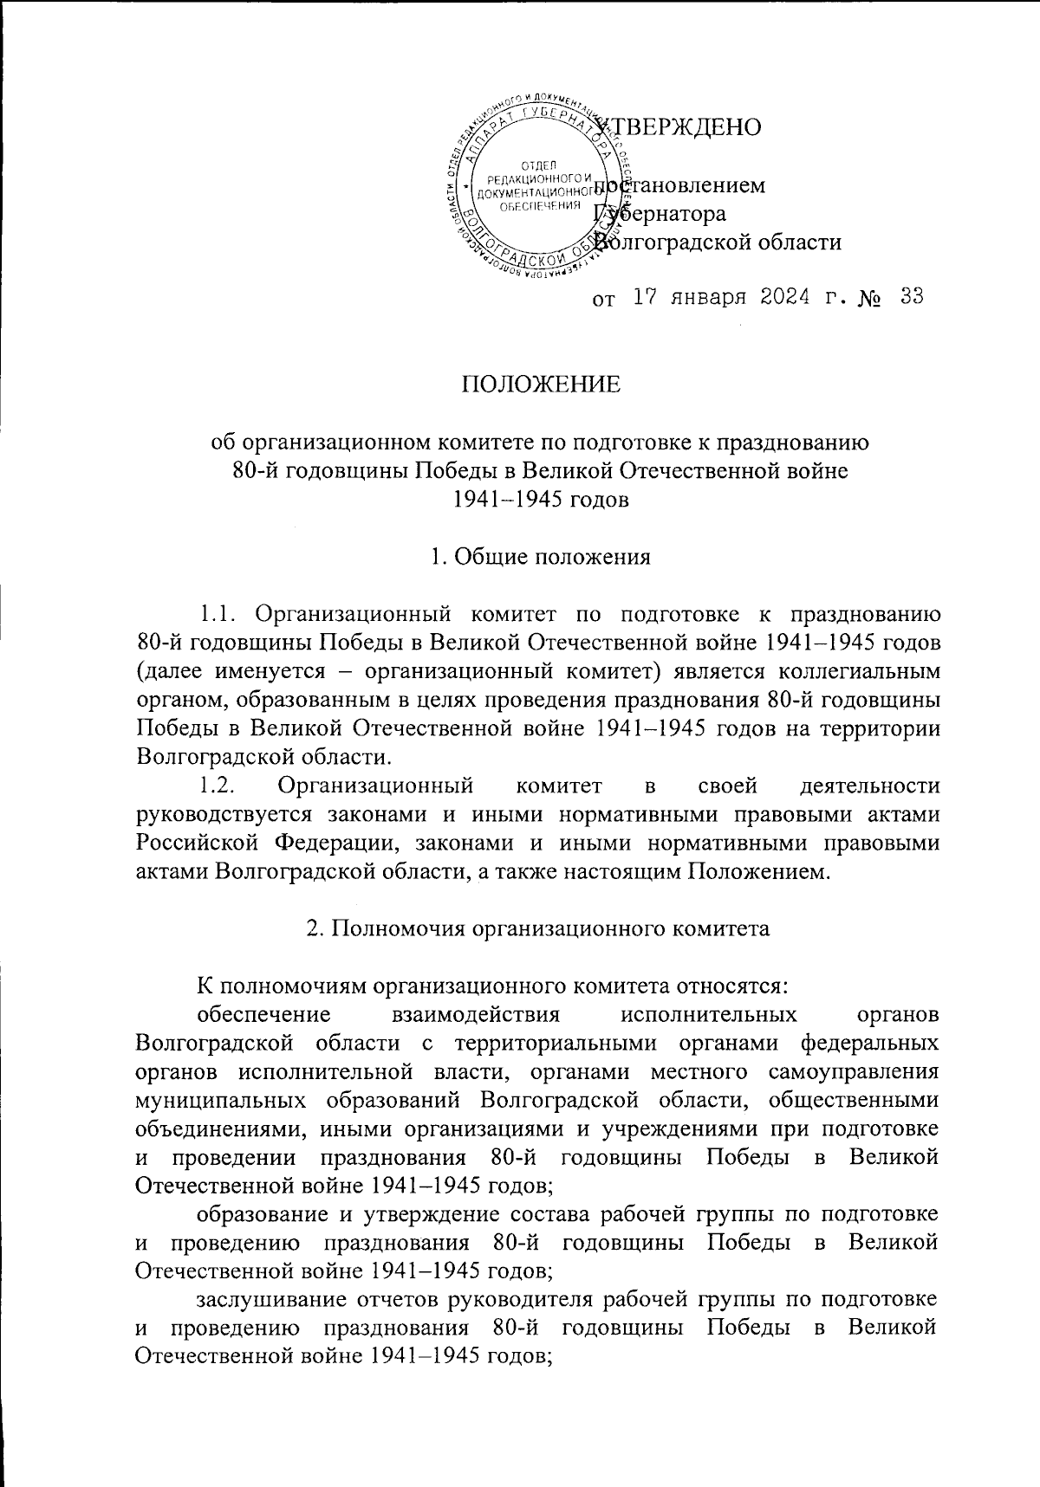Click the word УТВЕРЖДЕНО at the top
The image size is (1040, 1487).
click(x=685, y=126)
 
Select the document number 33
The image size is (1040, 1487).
click(x=911, y=297)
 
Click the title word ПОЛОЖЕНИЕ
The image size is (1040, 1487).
click(x=541, y=384)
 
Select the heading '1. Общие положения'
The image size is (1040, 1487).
click(x=541, y=556)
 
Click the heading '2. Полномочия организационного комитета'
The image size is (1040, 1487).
click(x=539, y=928)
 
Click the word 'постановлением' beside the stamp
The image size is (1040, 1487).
click(x=680, y=185)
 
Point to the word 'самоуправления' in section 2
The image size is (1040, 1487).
click(x=854, y=1070)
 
